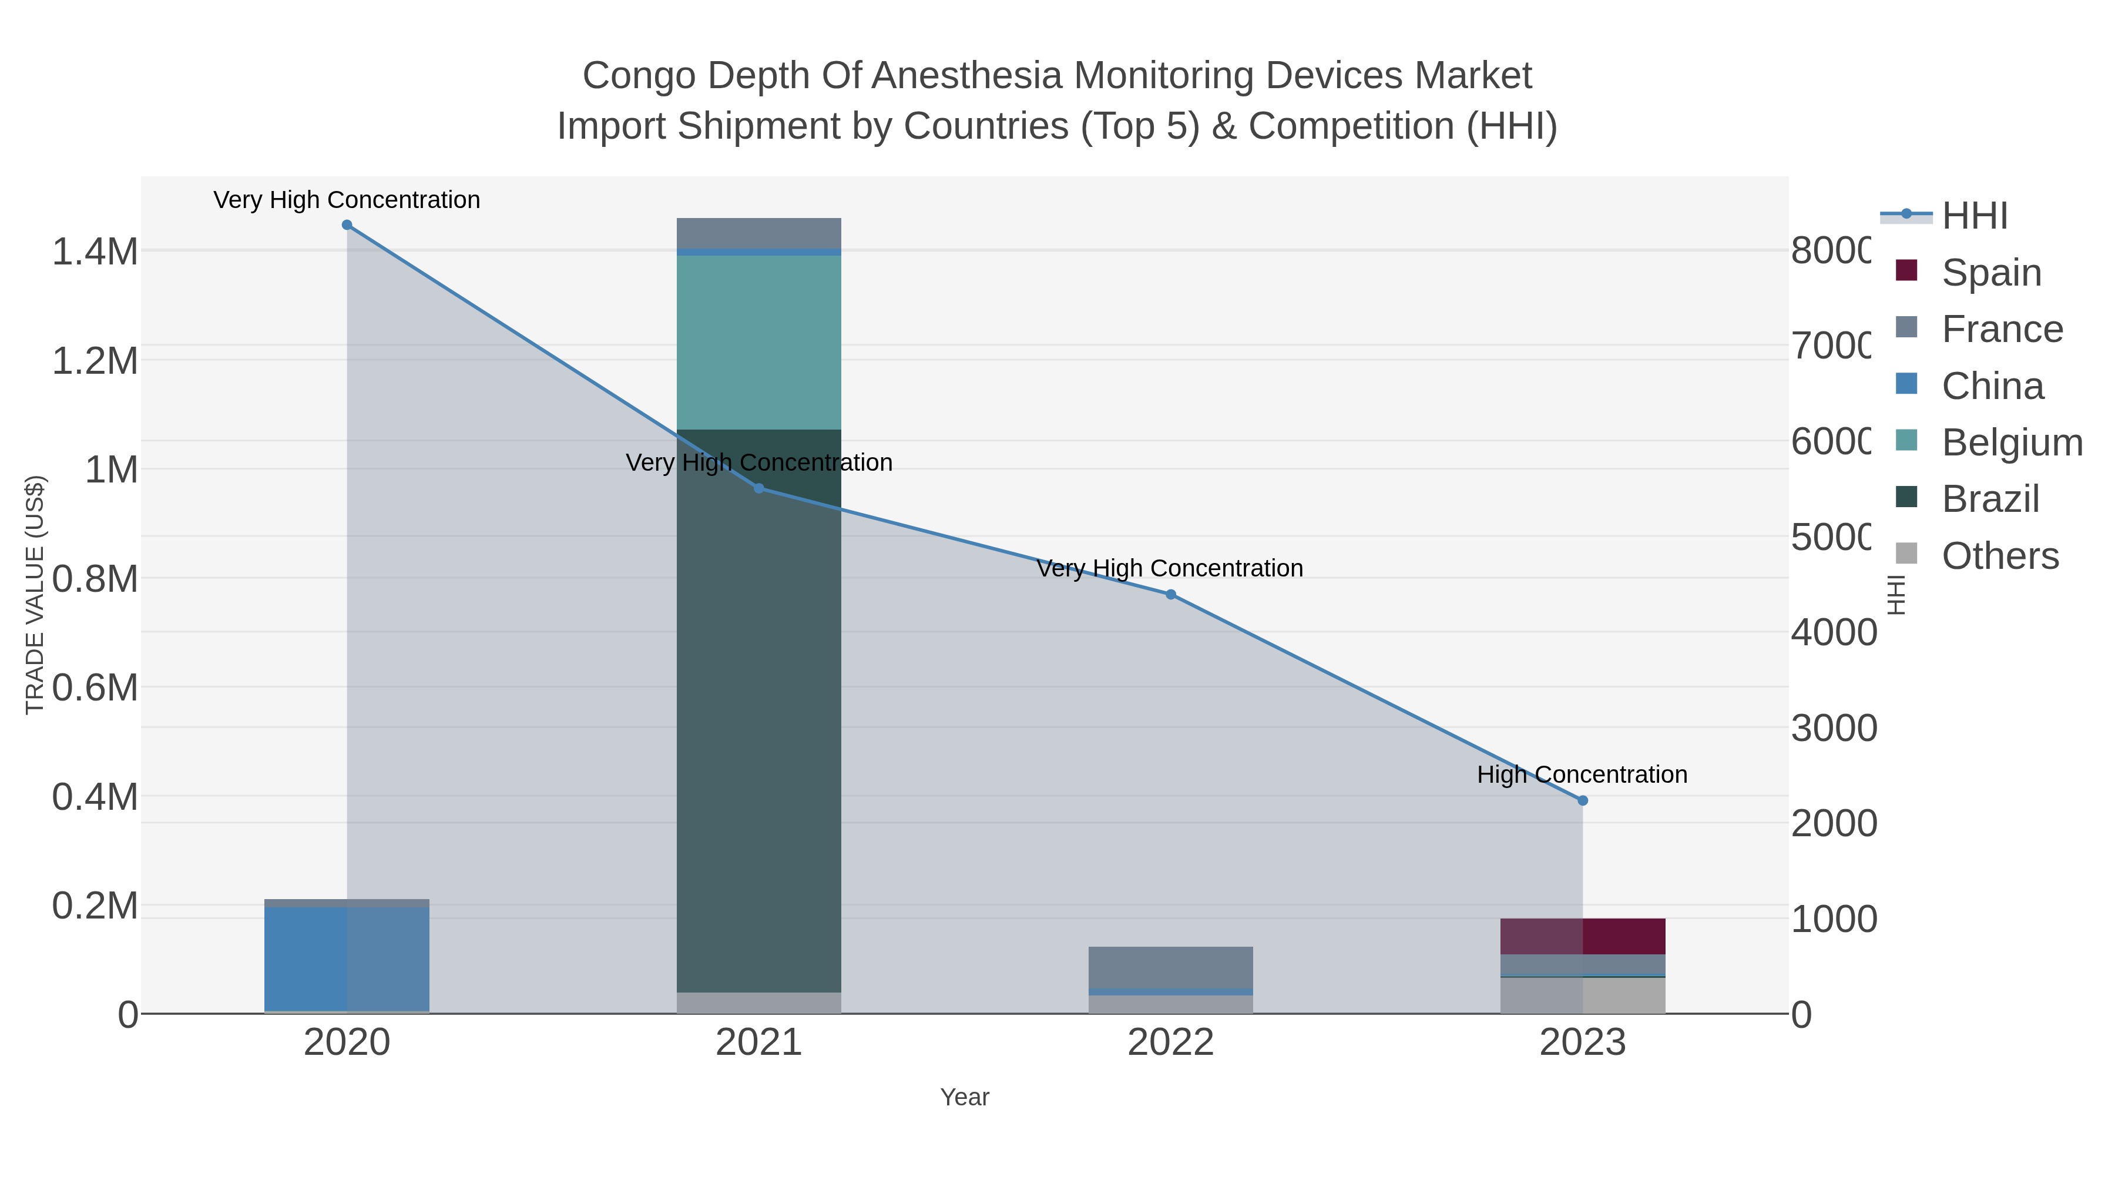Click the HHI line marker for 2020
(347, 225)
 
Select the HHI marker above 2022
(1171, 595)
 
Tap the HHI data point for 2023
(1583, 801)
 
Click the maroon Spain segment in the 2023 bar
(1583, 936)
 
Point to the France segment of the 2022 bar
(1171, 967)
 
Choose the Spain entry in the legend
(1991, 273)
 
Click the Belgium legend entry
(2011, 443)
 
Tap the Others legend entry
(1999, 556)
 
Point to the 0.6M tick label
(95, 688)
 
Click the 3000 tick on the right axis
(1832, 729)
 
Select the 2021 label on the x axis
(758, 1043)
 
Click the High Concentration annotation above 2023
(1582, 775)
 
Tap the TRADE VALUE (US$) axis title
(35, 595)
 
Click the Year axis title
(965, 1097)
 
